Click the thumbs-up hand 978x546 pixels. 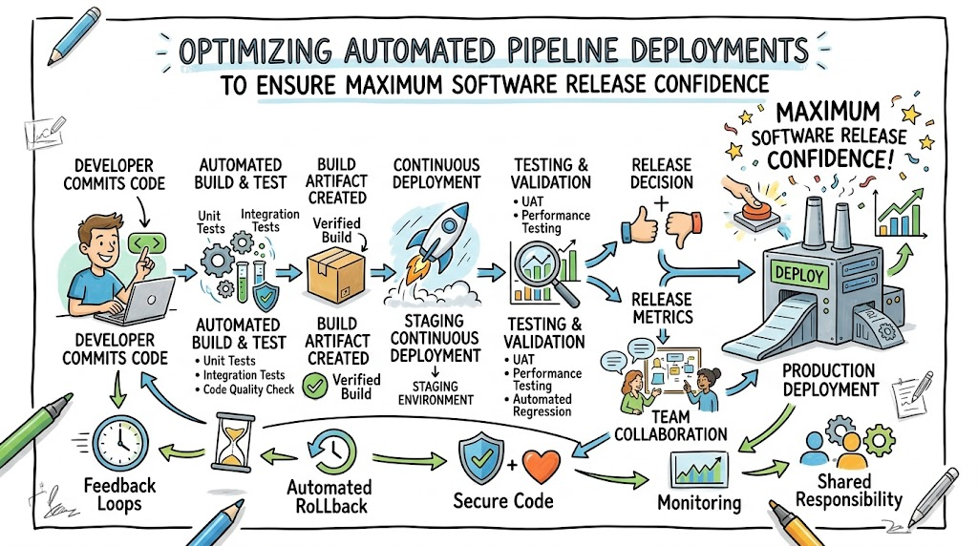click(640, 224)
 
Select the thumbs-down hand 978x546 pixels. click(684, 228)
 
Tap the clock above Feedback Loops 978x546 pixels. click(120, 444)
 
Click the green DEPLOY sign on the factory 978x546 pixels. click(799, 274)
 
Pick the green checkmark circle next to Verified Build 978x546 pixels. click(315, 387)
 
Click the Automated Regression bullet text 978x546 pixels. click(542, 405)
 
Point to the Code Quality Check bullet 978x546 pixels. click(244, 389)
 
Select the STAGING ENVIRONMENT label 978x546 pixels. click(436, 393)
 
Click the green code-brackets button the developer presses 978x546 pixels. click(147, 242)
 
